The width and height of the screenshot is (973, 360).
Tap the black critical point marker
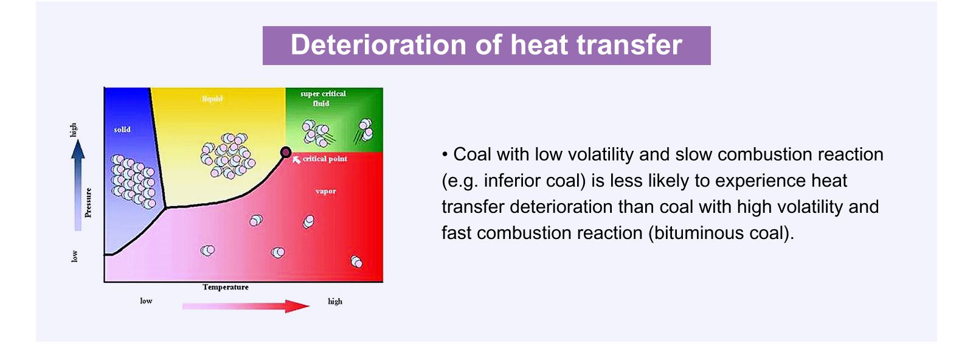[x=286, y=152]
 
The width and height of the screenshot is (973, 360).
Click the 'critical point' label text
[x=325, y=159]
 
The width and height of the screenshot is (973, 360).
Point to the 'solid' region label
[x=122, y=130]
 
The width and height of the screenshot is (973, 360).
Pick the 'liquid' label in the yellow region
[x=212, y=99]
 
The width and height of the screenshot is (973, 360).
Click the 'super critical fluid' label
[x=323, y=99]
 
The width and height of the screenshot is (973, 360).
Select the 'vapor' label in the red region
[x=326, y=191]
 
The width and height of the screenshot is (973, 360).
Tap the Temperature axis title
[x=226, y=287]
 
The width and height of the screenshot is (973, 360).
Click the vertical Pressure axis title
[x=88, y=202]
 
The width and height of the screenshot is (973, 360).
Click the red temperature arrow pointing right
[x=246, y=306]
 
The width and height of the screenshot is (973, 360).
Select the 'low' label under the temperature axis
[x=146, y=301]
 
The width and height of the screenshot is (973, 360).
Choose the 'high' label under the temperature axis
[x=335, y=302]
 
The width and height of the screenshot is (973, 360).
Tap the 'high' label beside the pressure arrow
[x=74, y=130]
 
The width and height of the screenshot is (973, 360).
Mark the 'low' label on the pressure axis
[x=74, y=256]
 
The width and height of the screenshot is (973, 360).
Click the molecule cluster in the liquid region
[x=228, y=156]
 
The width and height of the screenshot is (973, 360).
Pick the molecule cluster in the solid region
[x=133, y=181]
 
